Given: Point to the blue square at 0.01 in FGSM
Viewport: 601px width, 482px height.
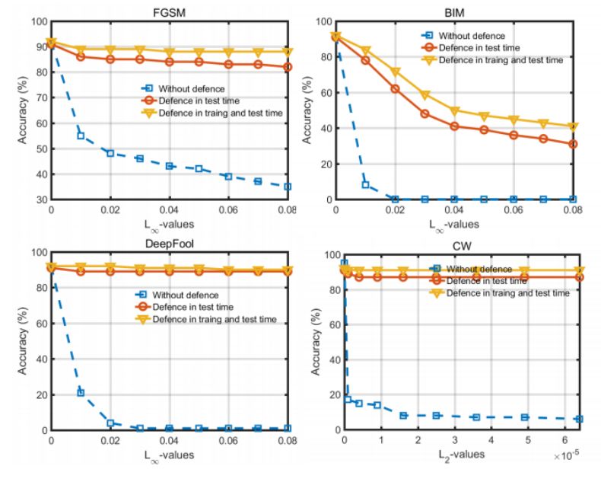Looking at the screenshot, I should (x=81, y=136).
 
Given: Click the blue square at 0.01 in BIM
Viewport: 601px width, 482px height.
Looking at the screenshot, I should (x=365, y=184).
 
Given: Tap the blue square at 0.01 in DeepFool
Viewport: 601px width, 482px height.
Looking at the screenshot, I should (x=81, y=393).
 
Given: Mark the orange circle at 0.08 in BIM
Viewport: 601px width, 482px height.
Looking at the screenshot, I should (x=572, y=144).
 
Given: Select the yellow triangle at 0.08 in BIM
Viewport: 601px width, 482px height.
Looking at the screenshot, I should (x=572, y=127).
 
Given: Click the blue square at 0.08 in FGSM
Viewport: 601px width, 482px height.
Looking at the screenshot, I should (x=288, y=187).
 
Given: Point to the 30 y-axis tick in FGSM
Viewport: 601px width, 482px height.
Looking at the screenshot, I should (x=40, y=200).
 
